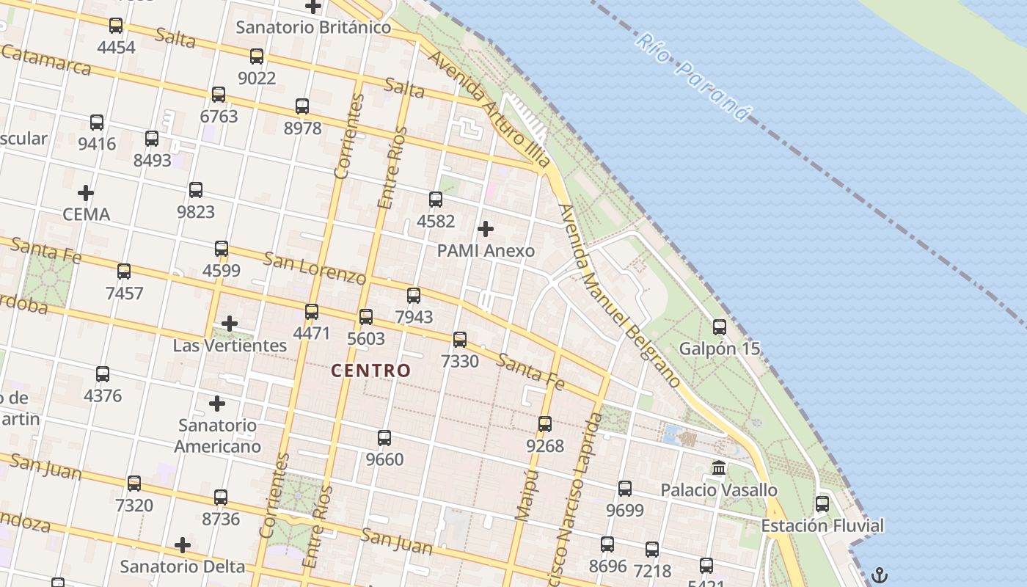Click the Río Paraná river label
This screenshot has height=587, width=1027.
pyautogui.click(x=693, y=77)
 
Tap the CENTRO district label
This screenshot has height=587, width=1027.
pyautogui.click(x=370, y=371)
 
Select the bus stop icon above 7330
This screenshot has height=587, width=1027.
pyautogui.click(x=460, y=340)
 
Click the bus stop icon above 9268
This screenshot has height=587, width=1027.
pyautogui.click(x=545, y=424)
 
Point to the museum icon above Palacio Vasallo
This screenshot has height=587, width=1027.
pyautogui.click(x=719, y=468)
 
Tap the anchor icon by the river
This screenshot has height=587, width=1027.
pyautogui.click(x=880, y=575)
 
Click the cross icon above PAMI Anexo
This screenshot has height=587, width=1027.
pyautogui.click(x=486, y=229)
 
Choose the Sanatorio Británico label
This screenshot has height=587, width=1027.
pyautogui.click(x=313, y=28)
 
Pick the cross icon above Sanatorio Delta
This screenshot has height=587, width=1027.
pyautogui.click(x=183, y=545)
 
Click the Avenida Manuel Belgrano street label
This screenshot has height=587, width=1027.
pyautogui.click(x=620, y=296)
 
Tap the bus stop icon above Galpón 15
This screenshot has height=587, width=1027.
pyautogui.click(x=720, y=327)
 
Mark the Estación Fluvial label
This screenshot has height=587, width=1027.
pyautogui.click(x=822, y=526)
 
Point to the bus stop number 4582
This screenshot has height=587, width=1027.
pyautogui.click(x=436, y=221)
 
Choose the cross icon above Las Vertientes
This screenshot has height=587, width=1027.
pyautogui.click(x=230, y=323)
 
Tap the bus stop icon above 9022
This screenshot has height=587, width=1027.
pyautogui.click(x=257, y=56)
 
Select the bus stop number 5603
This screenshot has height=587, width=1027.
pyautogui.click(x=366, y=338)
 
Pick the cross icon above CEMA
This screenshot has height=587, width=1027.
pyautogui.click(x=86, y=193)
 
